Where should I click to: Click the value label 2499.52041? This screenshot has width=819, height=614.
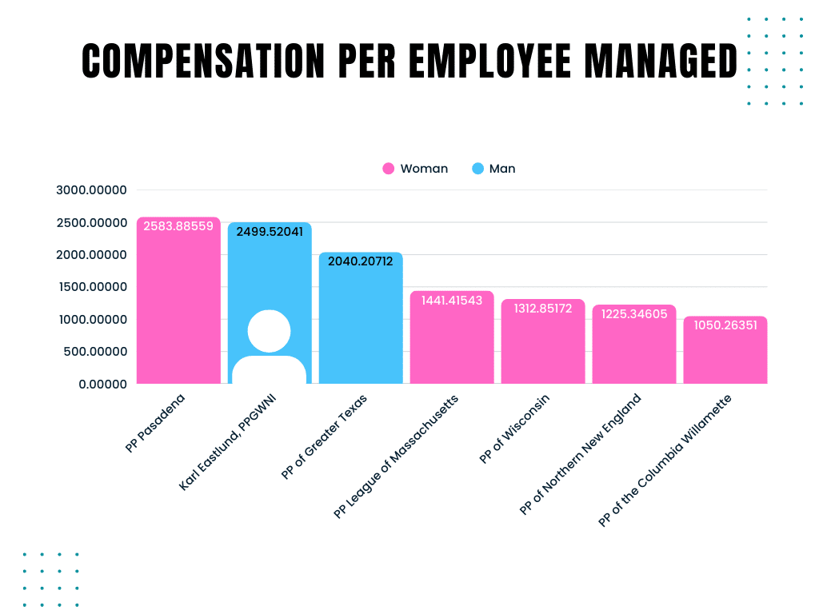270,232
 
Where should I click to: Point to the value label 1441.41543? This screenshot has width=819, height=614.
452,300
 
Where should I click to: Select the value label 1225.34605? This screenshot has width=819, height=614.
634,313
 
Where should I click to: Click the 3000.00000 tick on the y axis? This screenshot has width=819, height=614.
92,190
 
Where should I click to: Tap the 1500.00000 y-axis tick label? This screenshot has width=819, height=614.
92,287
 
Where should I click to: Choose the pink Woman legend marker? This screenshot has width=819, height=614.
389,169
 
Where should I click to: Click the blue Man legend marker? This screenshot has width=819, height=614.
478,169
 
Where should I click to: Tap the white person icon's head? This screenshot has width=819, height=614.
269,331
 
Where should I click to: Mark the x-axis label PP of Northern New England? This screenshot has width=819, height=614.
581,454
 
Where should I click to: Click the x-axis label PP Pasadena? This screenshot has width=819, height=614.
156,423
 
